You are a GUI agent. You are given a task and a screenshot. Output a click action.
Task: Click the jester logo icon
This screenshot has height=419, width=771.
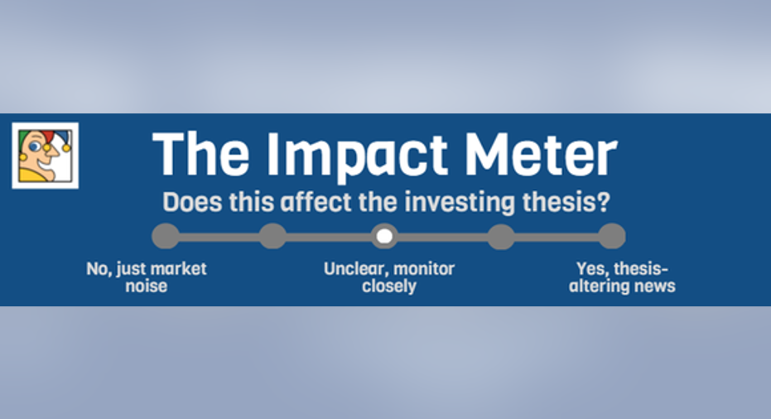pyautogui.click(x=46, y=156)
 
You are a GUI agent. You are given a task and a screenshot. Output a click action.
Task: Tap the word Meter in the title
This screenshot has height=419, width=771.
pyautogui.click(x=541, y=154)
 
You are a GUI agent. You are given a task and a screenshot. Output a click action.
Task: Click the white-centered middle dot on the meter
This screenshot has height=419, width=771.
pyautogui.click(x=384, y=236)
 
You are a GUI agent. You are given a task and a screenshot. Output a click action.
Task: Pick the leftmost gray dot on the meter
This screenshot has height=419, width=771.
pyautogui.click(x=166, y=236)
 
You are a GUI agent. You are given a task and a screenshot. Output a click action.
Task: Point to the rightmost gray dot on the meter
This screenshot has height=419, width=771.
pyautogui.click(x=612, y=236)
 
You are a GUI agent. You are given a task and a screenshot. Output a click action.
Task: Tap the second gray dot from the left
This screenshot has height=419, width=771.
pyautogui.click(x=273, y=236)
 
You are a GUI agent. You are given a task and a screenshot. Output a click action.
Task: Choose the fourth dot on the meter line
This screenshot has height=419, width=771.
pyautogui.click(x=501, y=236)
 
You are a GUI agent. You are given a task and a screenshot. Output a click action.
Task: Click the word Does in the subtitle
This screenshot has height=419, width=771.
pyautogui.click(x=192, y=201)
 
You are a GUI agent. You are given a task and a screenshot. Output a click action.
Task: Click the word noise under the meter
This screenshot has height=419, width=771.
pyautogui.click(x=146, y=287)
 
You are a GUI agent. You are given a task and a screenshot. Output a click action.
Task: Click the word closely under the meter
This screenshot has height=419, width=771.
pyautogui.click(x=389, y=287)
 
